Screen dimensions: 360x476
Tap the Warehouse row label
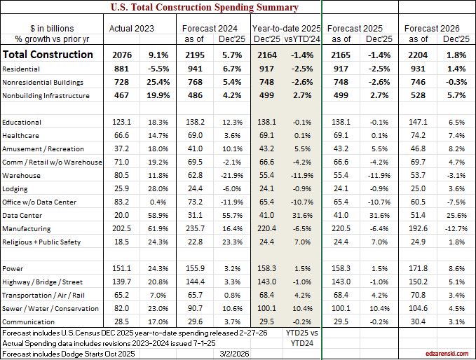click(21, 174)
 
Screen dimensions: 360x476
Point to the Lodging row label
click(18, 188)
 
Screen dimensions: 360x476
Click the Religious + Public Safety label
click(41, 242)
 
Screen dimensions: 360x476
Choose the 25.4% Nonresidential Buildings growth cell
click(157, 81)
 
